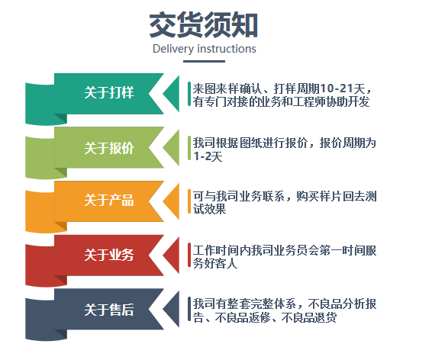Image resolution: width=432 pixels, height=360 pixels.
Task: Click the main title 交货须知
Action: point(203,25)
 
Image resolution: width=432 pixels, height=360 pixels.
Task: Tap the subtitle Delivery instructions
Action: point(204,49)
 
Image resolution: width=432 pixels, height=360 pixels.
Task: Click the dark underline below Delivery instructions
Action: point(204,61)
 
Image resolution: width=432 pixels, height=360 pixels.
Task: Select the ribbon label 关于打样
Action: point(109,92)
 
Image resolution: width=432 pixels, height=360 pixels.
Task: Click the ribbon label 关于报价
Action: point(109,148)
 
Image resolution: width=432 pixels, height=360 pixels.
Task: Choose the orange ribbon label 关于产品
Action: point(109,200)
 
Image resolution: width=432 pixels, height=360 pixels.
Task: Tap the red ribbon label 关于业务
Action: point(109,255)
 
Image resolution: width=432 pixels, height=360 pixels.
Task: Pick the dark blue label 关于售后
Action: point(109,310)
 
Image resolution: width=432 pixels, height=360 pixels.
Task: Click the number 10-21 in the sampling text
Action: point(336,88)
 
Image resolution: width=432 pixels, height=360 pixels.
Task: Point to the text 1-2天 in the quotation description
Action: point(208,156)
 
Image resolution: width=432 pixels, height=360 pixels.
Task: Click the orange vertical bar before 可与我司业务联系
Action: point(189,201)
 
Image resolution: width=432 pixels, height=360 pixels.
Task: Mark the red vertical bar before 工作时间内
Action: point(189,255)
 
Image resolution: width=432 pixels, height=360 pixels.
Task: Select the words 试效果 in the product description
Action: point(210,209)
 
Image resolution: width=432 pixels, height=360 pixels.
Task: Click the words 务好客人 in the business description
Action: point(215,263)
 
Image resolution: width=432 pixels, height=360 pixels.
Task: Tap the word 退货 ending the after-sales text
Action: point(325,317)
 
